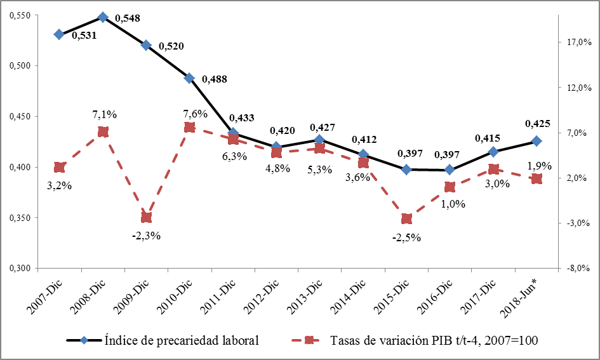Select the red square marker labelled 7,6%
189,127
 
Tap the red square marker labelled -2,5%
406,219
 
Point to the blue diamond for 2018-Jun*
537,141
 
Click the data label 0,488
214,79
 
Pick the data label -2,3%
147,236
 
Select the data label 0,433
241,117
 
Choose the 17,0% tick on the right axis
579,42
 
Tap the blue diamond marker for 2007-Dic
59,34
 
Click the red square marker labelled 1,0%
450,187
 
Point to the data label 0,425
537,124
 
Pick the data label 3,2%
60,186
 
